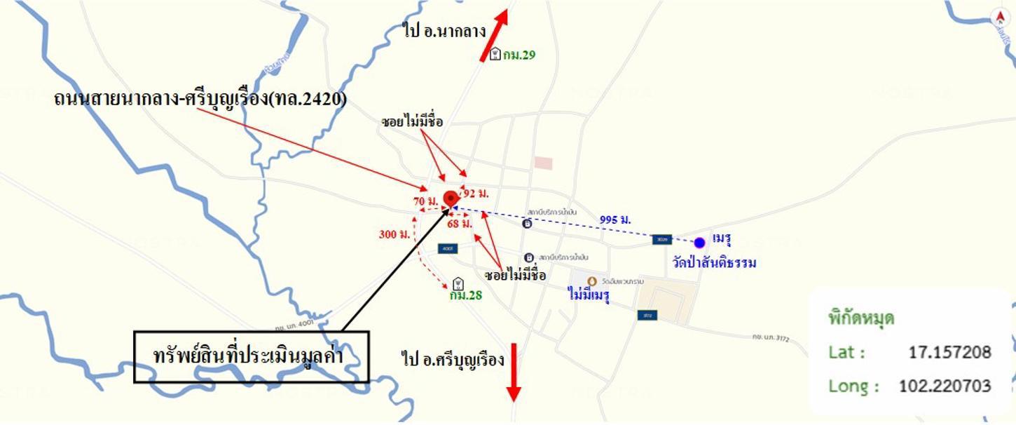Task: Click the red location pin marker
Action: pos(450,198)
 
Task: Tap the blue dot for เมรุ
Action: pos(699,243)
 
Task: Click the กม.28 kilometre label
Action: pos(466,295)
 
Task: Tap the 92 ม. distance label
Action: pos(476,192)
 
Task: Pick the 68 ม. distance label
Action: pos(460,224)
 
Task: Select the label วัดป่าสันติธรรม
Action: pos(714,263)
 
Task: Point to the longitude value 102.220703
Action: pos(945,386)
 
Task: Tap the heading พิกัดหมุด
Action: pos(861,318)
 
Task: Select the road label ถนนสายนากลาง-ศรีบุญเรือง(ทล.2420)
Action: pos(200,99)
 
